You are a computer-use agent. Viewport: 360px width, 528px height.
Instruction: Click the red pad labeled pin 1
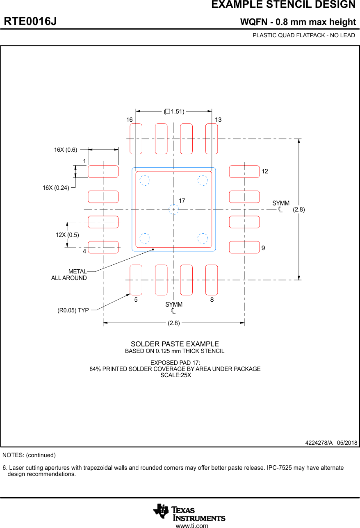pyautogui.click(x=103, y=171)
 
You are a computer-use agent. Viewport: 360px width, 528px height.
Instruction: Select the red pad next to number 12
pyautogui.click(x=244, y=171)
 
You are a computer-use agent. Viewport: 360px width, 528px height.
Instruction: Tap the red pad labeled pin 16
pyautogui.click(x=136, y=139)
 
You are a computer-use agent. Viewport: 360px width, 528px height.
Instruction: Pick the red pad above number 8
pyautogui.click(x=212, y=280)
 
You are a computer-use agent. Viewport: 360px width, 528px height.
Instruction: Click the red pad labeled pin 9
pyautogui.click(x=244, y=247)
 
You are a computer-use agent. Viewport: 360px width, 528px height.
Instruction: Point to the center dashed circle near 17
pyautogui.click(x=174, y=209)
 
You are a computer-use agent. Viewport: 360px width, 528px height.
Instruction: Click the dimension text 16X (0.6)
pyautogui.click(x=66, y=150)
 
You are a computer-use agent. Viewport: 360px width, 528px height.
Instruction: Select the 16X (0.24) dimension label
pyautogui.click(x=56, y=188)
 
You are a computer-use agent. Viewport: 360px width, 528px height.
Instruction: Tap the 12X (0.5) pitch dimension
pyautogui.click(x=67, y=235)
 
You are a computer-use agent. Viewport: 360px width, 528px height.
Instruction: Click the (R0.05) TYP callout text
pyautogui.click(x=73, y=310)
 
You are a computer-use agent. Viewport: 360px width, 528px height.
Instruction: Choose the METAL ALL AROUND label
pyautogui.click(x=69, y=275)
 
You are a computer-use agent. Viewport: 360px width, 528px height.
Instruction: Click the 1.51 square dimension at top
pyautogui.click(x=174, y=111)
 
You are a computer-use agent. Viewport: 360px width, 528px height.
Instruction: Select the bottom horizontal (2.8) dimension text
pyautogui.click(x=174, y=323)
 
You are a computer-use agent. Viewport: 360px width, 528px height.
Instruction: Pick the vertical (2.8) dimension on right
pyautogui.click(x=298, y=209)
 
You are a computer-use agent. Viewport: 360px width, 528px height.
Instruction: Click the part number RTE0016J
pyautogui.click(x=30, y=21)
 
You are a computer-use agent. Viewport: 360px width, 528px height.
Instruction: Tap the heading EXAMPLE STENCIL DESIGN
pyautogui.click(x=283, y=5)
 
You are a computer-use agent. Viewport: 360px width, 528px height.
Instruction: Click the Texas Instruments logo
pyautogui.click(x=189, y=512)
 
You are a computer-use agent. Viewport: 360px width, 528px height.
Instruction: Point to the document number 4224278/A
pyautogui.click(x=319, y=443)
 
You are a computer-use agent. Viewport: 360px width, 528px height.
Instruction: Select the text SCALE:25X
pyautogui.click(x=175, y=375)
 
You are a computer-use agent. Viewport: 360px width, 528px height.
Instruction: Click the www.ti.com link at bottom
pyautogui.click(x=191, y=525)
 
